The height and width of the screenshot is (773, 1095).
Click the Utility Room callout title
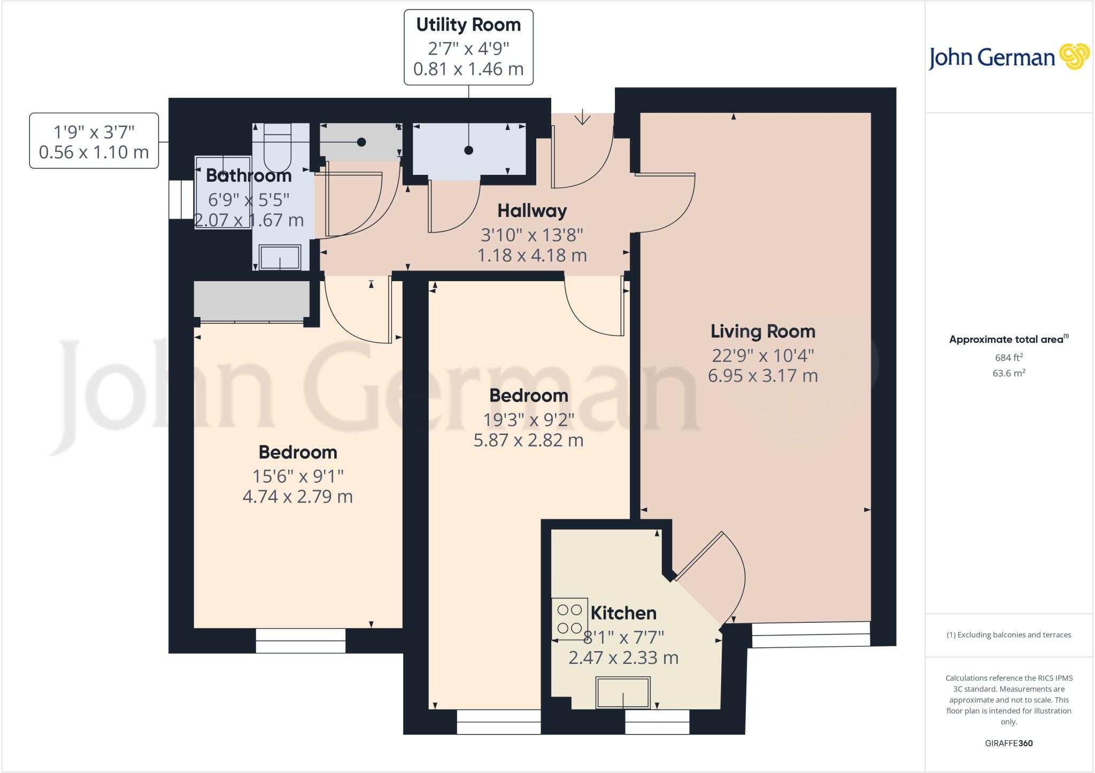[x=468, y=25]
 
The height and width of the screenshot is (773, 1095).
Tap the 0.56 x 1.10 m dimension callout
[x=94, y=152]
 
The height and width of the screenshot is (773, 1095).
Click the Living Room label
[x=762, y=331]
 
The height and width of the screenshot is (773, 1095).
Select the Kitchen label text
[x=623, y=613]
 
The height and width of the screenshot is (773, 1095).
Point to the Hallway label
[x=532, y=211]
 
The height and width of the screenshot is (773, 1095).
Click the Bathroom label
[x=249, y=175]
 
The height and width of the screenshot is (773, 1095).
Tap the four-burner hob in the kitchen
[x=569, y=619]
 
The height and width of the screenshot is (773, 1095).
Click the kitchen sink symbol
[x=623, y=692]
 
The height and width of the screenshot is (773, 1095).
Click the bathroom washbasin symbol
[x=280, y=257]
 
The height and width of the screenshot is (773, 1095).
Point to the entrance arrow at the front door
[x=582, y=117]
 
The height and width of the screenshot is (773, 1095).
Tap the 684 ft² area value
[x=1008, y=358]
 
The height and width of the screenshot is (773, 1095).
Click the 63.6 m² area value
[x=1008, y=373]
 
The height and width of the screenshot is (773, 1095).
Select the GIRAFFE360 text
[x=1008, y=743]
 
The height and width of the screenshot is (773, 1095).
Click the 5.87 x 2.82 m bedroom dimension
[x=528, y=440]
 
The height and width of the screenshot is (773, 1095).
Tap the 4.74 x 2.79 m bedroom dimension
[x=297, y=497]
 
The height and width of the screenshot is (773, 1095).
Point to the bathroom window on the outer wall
[x=181, y=199]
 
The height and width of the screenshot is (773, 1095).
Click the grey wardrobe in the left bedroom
[x=251, y=301]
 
